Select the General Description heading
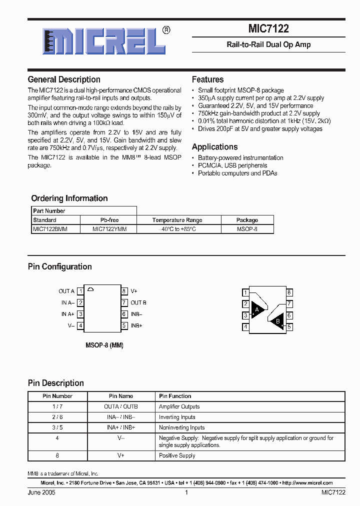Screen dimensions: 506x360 pos(64,79)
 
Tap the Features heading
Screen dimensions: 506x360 pos(207,79)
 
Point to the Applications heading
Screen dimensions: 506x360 pos(214,147)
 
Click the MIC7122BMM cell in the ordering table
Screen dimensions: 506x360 pos(49,228)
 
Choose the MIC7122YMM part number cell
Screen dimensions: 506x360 pos(109,228)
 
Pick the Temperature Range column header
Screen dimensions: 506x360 pos(177,220)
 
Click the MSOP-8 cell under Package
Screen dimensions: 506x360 pos(247,228)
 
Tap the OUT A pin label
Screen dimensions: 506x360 pos(66,291)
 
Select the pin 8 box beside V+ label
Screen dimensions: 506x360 pos(124,291)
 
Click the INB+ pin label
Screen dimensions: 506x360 pos(136,325)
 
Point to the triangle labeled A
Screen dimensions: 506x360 pos(257,310)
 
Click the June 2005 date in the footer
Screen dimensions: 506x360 pos(41,492)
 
